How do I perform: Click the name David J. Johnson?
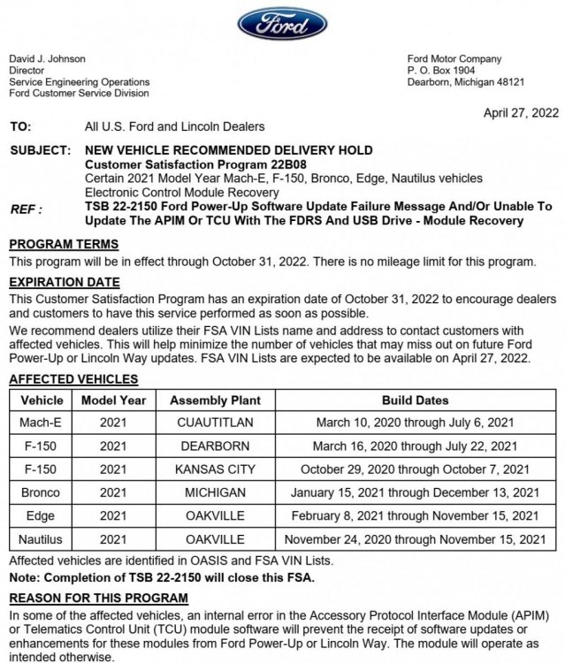pyautogui.click(x=47, y=59)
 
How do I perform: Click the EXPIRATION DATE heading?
pyautogui.click(x=63, y=283)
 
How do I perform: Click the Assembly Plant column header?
pyautogui.click(x=216, y=400)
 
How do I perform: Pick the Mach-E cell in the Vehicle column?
pyautogui.click(x=41, y=423)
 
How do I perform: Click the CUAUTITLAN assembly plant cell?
pyautogui.click(x=216, y=423)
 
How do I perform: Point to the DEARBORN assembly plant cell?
pyautogui.click(x=216, y=446)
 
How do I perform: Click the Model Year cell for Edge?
pyautogui.click(x=113, y=514)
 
